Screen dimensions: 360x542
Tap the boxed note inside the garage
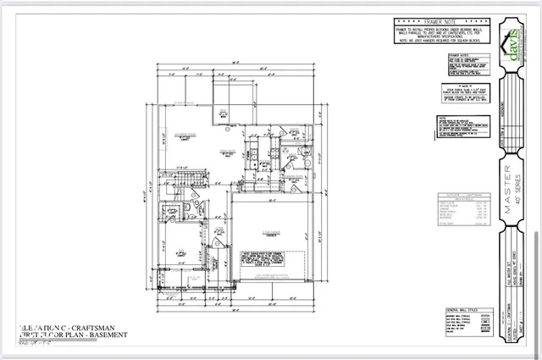click(268, 258)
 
